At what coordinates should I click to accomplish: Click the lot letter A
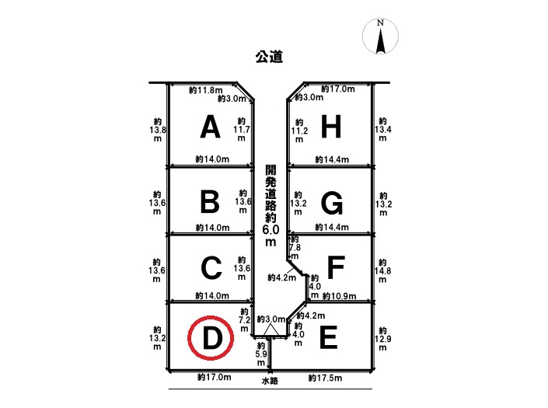[x=211, y=127]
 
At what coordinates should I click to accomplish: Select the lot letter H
[x=331, y=127]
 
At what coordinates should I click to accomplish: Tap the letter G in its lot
[x=332, y=203]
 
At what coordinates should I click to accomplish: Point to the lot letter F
[x=336, y=267]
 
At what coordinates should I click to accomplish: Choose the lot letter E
[x=328, y=337]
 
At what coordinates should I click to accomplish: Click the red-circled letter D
[x=211, y=338]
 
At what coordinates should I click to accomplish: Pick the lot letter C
[x=211, y=268]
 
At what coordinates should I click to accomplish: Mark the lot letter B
[x=210, y=202]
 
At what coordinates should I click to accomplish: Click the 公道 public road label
[x=269, y=57]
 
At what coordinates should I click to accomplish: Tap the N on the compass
[x=380, y=23]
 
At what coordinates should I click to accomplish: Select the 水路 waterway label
[x=270, y=380]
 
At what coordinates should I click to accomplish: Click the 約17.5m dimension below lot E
[x=325, y=378]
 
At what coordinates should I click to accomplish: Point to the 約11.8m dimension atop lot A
[x=205, y=90]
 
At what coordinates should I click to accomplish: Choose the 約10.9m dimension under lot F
[x=339, y=296]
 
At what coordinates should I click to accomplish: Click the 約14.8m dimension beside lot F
[x=382, y=270]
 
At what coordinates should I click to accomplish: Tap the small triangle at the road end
[x=270, y=330]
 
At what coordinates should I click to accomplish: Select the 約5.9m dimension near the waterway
[x=261, y=354]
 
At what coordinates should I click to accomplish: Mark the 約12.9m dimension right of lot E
[x=382, y=339]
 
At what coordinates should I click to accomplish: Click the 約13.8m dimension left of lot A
[x=158, y=130]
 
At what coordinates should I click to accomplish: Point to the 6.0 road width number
[x=271, y=229]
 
